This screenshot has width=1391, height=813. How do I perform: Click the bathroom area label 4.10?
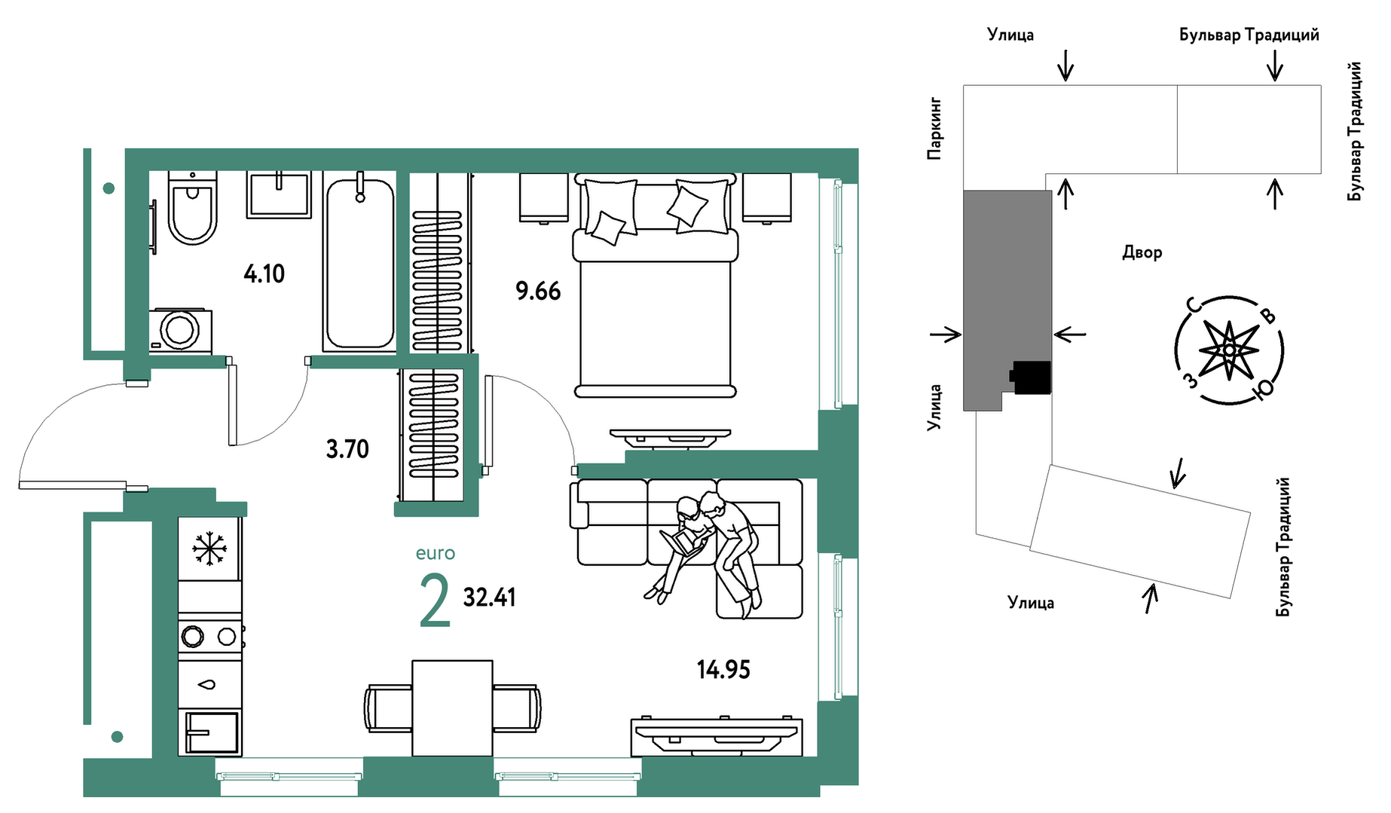[264, 274]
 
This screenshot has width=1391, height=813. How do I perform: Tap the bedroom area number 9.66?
[538, 291]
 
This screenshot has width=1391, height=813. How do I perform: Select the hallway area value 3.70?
[347, 449]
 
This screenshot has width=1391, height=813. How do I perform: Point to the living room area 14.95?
[723, 669]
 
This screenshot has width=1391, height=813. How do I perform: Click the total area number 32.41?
[489, 598]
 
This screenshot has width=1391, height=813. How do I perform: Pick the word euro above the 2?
[436, 554]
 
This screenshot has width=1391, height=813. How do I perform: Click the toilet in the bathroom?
[193, 208]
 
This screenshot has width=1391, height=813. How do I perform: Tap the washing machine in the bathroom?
[180, 330]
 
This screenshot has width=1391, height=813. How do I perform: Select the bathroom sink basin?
[279, 195]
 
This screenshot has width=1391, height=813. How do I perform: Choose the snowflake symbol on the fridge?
[209, 548]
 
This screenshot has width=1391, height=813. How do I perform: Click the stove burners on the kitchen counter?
[210, 637]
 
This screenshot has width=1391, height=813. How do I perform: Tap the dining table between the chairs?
[452, 708]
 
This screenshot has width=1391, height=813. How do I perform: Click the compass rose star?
[1229, 350]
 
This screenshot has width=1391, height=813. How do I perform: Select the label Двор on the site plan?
[1142, 252]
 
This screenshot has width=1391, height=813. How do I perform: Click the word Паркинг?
[934, 128]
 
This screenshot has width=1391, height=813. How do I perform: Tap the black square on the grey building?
[1032, 377]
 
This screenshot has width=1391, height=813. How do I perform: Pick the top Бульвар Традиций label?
[1249, 35]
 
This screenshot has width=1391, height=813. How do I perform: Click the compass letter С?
[1193, 305]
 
